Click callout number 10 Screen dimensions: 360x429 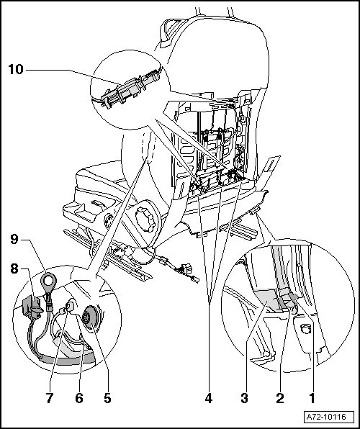click(x=16, y=70)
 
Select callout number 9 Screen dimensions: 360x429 click(x=14, y=240)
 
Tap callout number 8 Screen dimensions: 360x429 click(x=14, y=268)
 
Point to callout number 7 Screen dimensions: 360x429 click(x=49, y=398)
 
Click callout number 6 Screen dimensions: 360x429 click(x=79, y=398)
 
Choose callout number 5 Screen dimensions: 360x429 click(x=107, y=398)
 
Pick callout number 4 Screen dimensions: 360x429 click(x=209, y=398)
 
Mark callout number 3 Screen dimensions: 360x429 click(x=245, y=398)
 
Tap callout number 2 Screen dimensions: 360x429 click(x=280, y=398)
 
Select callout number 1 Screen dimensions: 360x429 click(x=312, y=398)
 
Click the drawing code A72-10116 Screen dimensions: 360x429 click(x=326, y=417)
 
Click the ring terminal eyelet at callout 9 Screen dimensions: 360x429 click(x=48, y=281)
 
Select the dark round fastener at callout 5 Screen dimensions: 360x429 click(x=91, y=317)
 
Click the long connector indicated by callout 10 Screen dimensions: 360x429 click(x=130, y=88)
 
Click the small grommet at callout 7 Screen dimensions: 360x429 click(x=70, y=307)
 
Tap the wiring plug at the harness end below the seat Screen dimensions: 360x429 click(x=186, y=269)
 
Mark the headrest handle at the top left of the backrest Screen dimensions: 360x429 click(x=168, y=32)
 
